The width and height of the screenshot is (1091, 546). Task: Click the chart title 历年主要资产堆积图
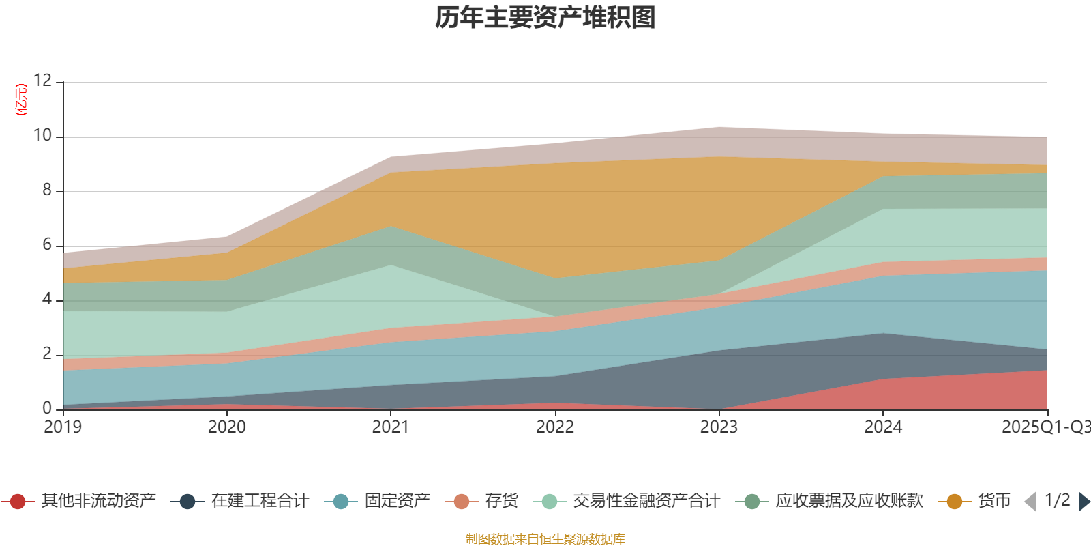545,18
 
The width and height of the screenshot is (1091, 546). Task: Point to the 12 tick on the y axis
42,81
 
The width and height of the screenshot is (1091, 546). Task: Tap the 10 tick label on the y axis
42,135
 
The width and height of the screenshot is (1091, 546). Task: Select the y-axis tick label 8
47,190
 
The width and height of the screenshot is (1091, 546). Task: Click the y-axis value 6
47,244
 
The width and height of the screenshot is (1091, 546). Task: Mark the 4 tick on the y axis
47,299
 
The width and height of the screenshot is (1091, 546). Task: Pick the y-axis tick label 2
47,354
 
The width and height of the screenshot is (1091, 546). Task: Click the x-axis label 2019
63,427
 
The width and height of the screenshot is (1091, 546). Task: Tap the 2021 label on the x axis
391,427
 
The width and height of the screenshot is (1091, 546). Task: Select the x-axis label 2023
719,427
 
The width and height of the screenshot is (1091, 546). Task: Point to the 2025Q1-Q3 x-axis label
1045,427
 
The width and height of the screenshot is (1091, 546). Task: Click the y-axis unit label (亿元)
21,100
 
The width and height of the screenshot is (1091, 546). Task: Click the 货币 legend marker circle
955,502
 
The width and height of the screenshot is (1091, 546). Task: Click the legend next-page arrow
1083,502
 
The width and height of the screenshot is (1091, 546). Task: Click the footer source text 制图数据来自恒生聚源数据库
545,539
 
